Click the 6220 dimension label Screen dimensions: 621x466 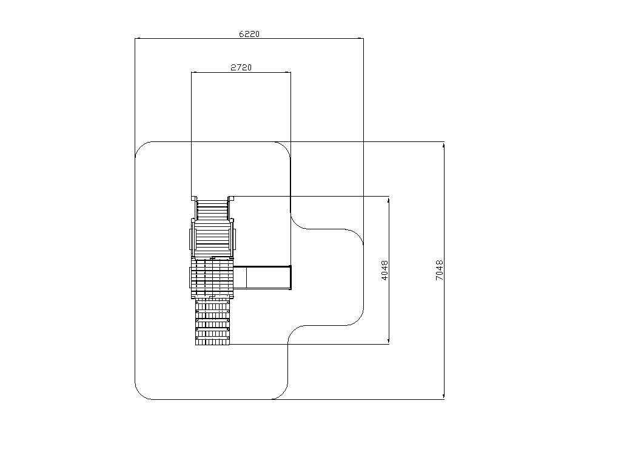pos(249,34)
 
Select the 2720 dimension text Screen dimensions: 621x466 pos(241,67)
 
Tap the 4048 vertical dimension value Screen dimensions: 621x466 pos(384,270)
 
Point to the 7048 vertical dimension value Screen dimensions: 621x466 pos(439,270)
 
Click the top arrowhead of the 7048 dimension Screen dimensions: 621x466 pos(443,145)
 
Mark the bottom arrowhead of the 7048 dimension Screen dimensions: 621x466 pos(443,396)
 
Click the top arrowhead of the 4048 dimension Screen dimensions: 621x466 pos(389,200)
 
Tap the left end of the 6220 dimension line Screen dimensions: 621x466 pos(135,38)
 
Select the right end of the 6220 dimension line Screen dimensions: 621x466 pos(363,38)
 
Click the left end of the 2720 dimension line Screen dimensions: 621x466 pos(192,72)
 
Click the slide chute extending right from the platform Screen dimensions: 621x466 pos(262,277)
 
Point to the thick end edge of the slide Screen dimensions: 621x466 pos(290,277)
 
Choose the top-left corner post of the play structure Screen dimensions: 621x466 pos(193,198)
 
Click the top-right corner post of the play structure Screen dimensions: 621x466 pos(231,198)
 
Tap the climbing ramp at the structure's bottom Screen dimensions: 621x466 pos(212,322)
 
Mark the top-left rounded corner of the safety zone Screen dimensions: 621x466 pos(143,149)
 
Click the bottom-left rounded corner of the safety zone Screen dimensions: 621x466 pos(143,392)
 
